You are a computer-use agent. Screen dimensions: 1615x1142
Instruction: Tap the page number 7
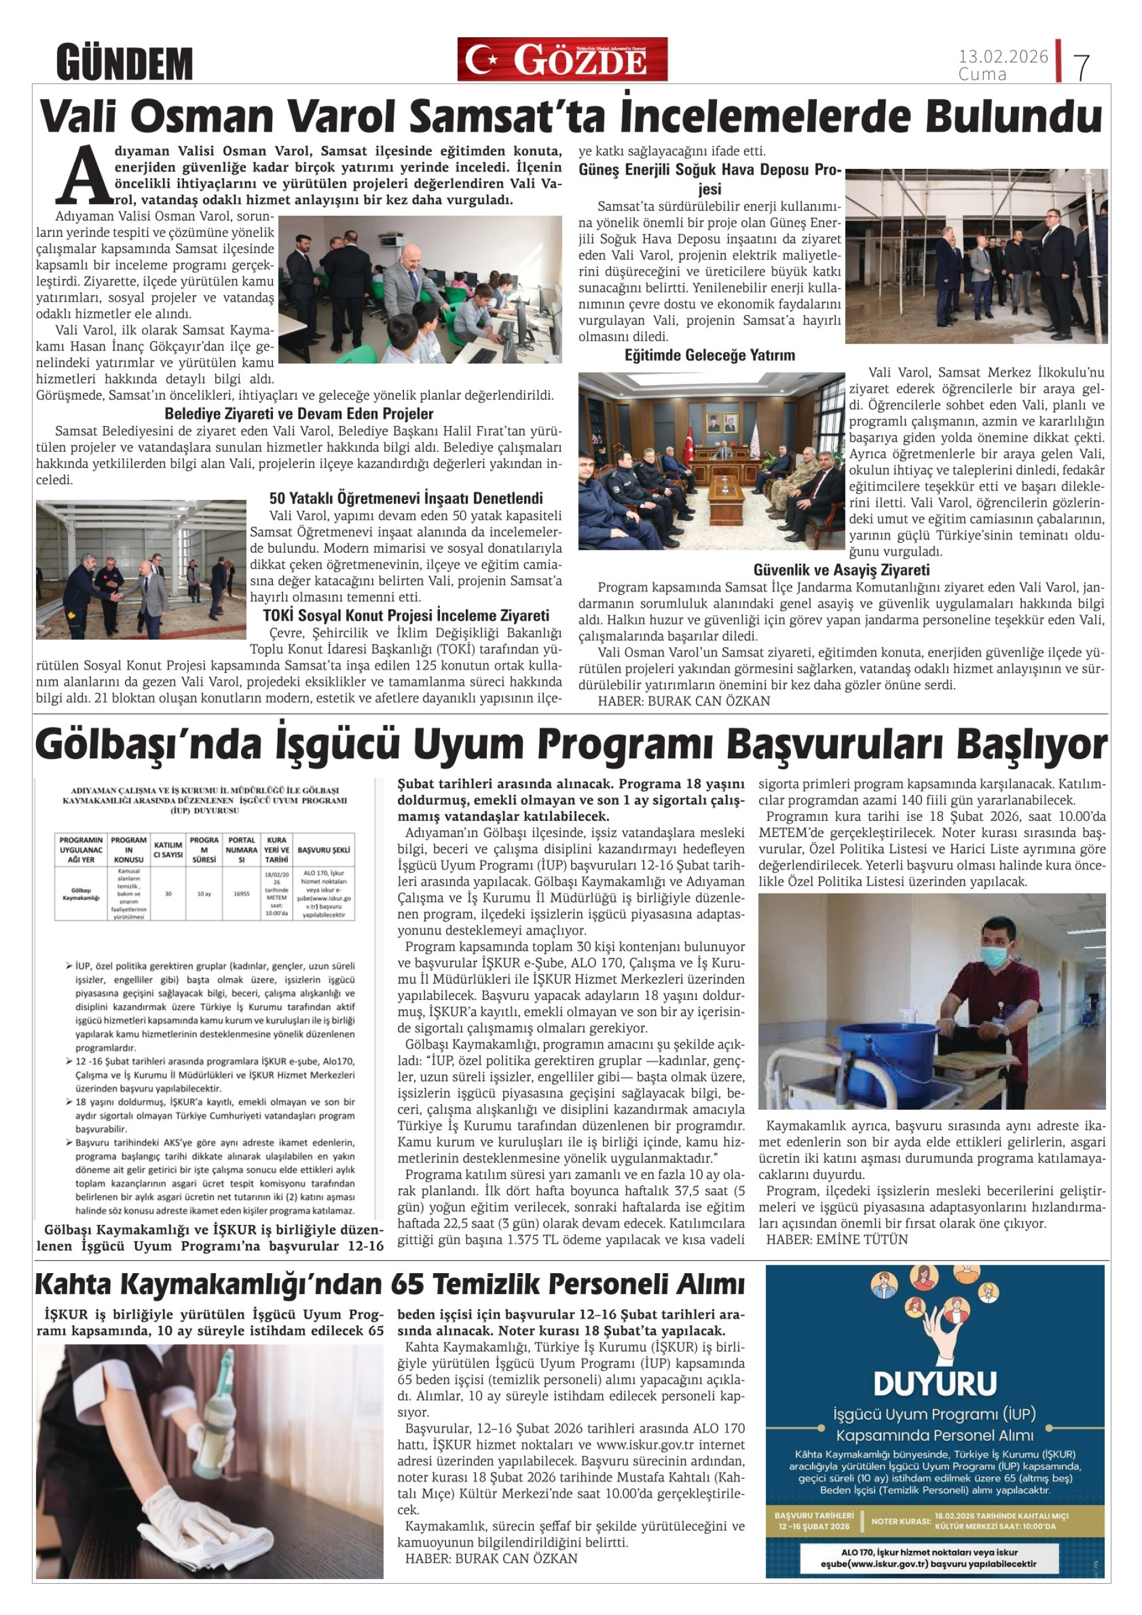pos(1081,67)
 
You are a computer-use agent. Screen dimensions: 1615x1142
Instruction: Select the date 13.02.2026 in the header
pos(1003,56)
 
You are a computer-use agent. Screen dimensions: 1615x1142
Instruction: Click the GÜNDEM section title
pos(124,63)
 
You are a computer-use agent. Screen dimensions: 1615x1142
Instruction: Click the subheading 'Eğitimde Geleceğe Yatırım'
pos(709,355)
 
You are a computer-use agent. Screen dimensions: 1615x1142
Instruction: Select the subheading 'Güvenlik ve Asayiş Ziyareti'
pos(841,570)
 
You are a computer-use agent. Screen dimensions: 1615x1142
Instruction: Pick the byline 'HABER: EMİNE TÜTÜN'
pos(837,1239)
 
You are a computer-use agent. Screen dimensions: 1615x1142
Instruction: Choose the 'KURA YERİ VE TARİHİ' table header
pos(276,850)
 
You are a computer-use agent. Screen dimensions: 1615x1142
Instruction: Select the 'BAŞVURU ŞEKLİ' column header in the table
pos(324,850)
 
